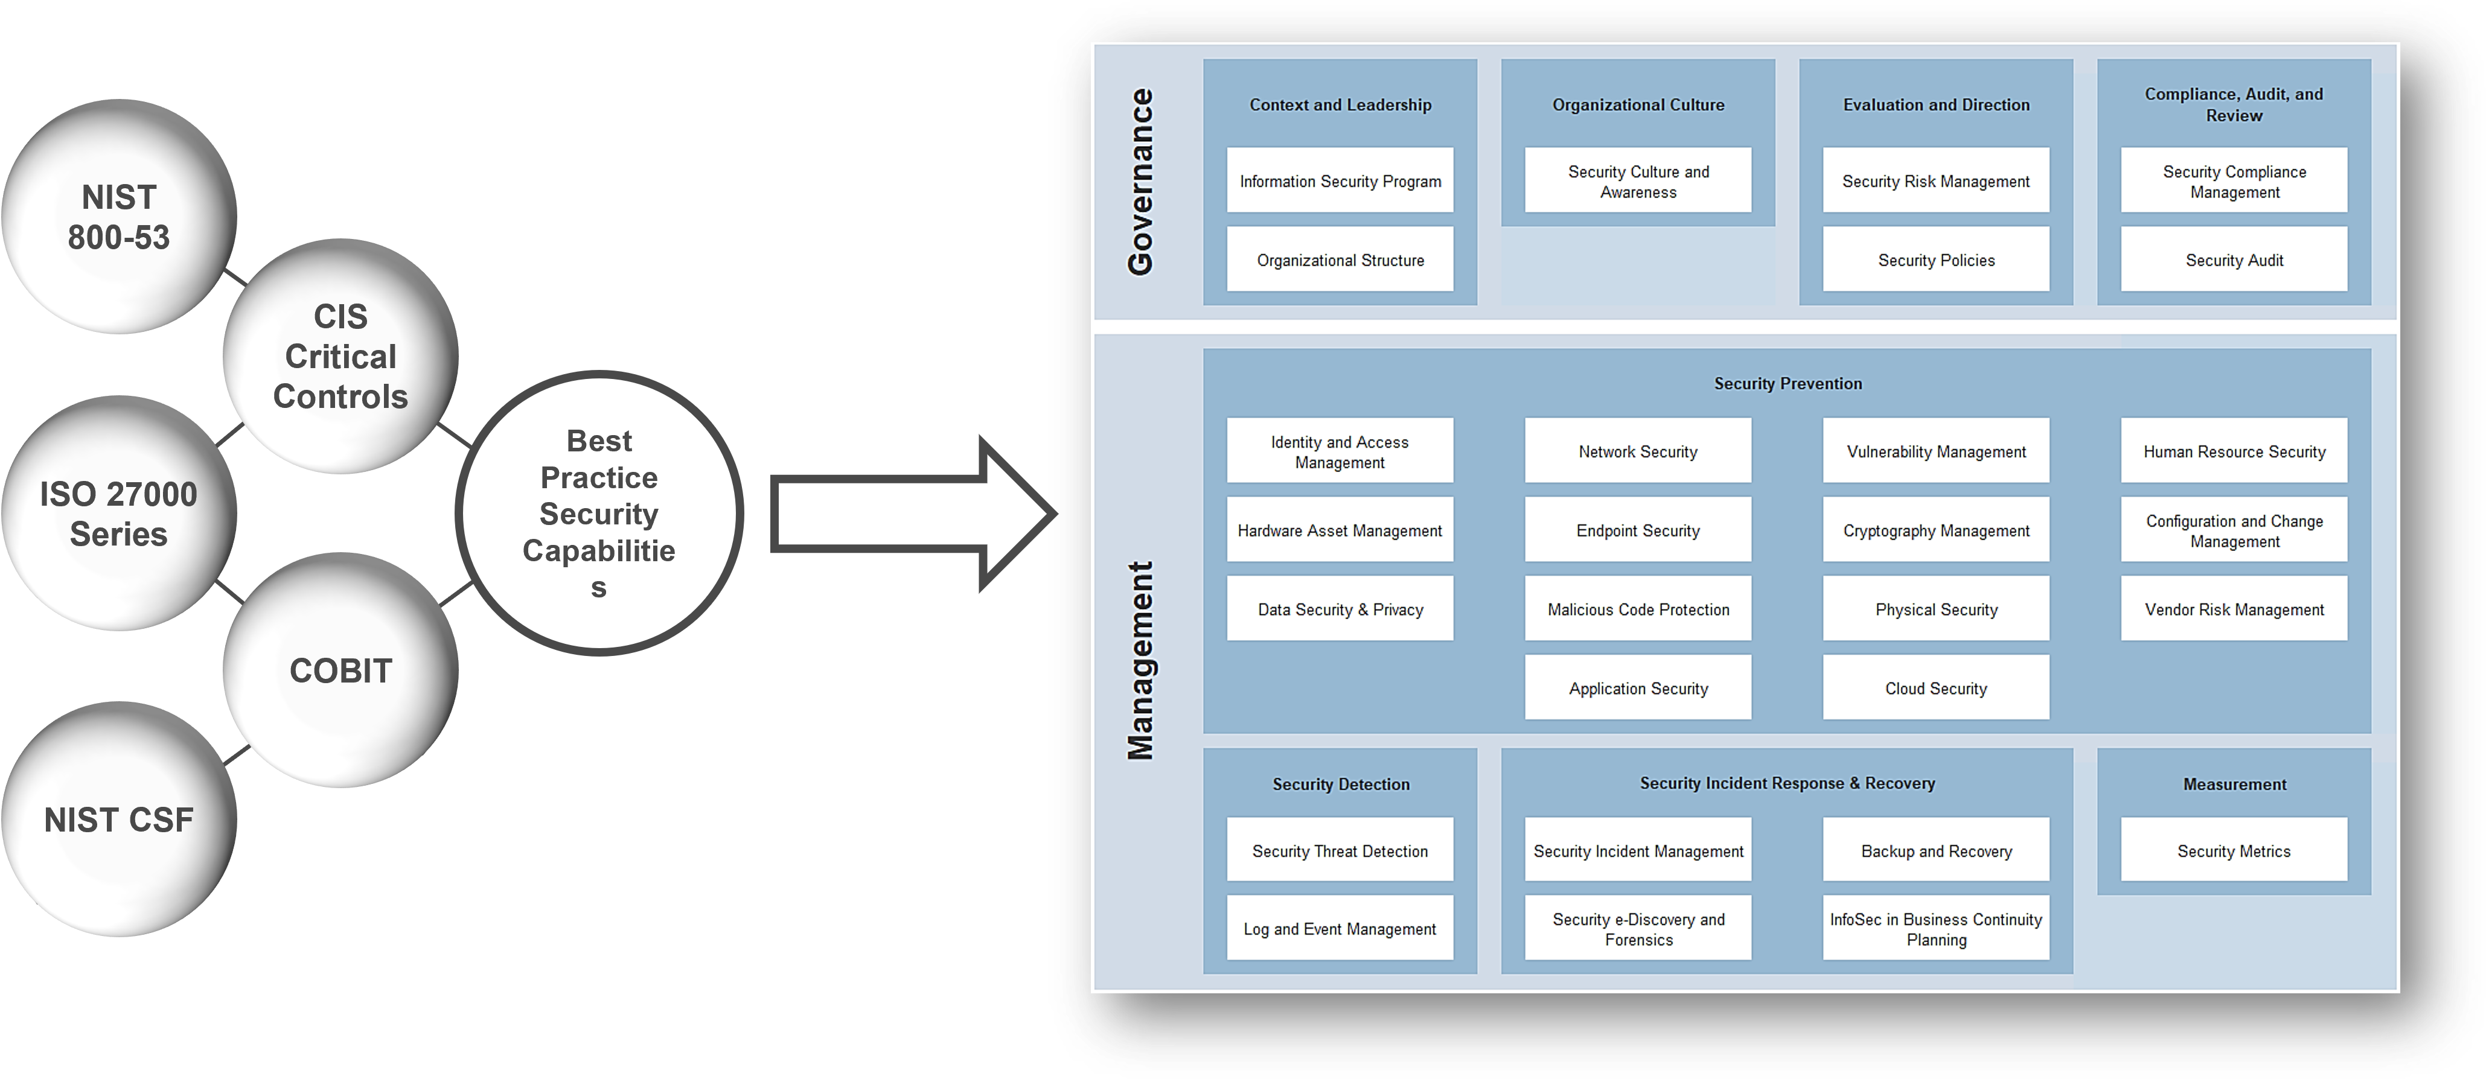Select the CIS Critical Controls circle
[340, 356]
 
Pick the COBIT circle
[340, 670]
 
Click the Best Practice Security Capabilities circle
[598, 514]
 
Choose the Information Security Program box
[1340, 180]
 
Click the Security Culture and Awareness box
[1638, 180]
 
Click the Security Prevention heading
[1788, 383]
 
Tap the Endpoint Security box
[1638, 530]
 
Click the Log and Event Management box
[1340, 929]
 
